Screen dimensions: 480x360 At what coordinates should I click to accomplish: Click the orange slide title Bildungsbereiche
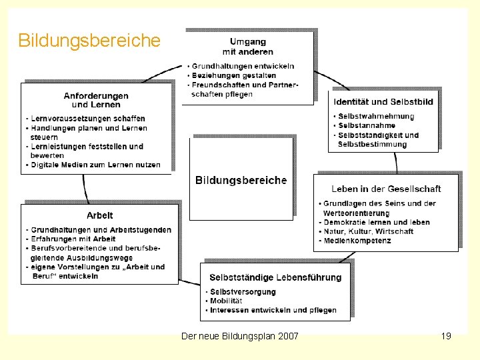89,41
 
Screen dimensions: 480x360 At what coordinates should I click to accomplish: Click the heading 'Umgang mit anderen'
247,47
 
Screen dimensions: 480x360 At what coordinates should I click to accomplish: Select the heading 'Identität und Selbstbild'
383,102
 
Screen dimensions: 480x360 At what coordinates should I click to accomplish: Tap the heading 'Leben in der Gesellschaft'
386,189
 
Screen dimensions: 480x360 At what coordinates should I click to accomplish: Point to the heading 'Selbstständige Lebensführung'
275,277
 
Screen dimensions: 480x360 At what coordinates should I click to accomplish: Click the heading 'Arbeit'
100,215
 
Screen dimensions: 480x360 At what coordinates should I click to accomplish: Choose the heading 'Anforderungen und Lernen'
96,100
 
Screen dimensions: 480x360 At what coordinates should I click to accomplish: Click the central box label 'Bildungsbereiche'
241,180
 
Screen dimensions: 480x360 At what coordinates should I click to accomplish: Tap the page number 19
446,336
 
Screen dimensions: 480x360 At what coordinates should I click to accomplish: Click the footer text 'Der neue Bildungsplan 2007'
240,336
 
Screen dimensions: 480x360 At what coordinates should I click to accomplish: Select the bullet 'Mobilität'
228,301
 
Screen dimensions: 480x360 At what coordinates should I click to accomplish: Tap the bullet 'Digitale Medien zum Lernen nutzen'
95,165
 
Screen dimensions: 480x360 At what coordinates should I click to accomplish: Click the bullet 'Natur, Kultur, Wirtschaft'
368,231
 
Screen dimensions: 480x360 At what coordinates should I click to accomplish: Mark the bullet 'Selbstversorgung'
242,292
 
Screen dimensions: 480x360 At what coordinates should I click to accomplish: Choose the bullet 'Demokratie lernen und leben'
377,222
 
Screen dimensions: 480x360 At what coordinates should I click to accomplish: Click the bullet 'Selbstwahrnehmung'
376,116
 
